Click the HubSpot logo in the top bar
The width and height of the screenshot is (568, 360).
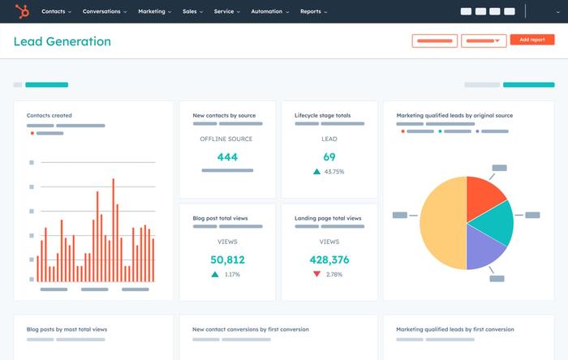(22, 11)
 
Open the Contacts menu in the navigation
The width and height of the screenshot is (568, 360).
(56, 12)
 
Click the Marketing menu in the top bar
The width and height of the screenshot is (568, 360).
(153, 12)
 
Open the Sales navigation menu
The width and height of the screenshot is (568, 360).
(192, 12)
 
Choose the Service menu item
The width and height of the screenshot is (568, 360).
(226, 12)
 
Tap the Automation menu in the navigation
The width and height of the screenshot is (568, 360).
(269, 12)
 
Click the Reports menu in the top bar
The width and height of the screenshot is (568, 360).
(313, 12)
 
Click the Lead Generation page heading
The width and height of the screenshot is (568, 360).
(62, 41)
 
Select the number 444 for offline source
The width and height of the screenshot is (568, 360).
(227, 157)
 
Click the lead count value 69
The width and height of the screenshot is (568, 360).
(329, 157)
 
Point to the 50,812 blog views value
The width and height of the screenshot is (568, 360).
(227, 260)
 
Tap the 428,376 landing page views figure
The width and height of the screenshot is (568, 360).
(329, 260)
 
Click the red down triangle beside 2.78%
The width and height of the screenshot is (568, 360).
(316, 275)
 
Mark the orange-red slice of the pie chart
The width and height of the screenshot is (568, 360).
(484, 191)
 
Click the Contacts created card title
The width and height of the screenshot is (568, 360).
(49, 116)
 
